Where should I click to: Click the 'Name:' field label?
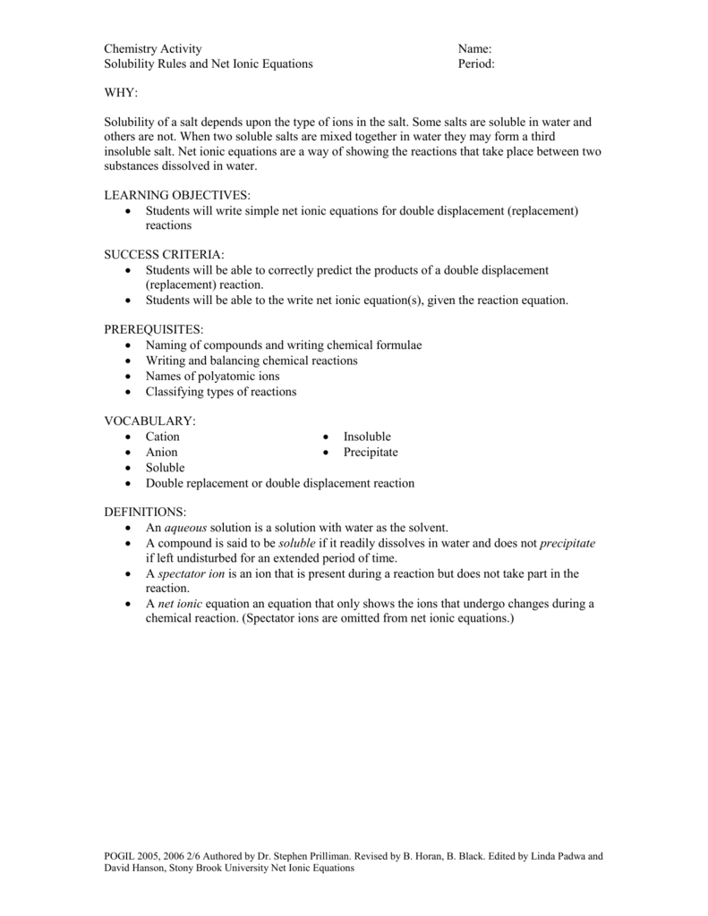pyautogui.click(x=475, y=48)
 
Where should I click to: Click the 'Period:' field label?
pyautogui.click(x=476, y=64)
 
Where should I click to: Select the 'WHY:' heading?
pyautogui.click(x=122, y=93)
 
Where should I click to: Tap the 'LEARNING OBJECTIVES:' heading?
pyautogui.click(x=177, y=195)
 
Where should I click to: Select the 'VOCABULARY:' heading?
pyautogui.click(x=149, y=420)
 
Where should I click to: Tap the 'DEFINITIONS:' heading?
pyautogui.click(x=146, y=512)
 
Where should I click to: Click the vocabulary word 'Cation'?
pyautogui.click(x=163, y=437)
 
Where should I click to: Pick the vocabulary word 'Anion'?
pyautogui.click(x=162, y=453)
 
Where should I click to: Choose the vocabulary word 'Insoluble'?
pyautogui.click(x=367, y=437)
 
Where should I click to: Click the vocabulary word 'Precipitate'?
pyautogui.click(x=371, y=453)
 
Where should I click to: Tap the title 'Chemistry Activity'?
pyautogui.click(x=153, y=48)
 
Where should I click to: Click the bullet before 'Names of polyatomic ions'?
pyautogui.click(x=130, y=377)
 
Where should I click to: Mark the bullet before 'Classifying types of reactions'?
pyautogui.click(x=130, y=392)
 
